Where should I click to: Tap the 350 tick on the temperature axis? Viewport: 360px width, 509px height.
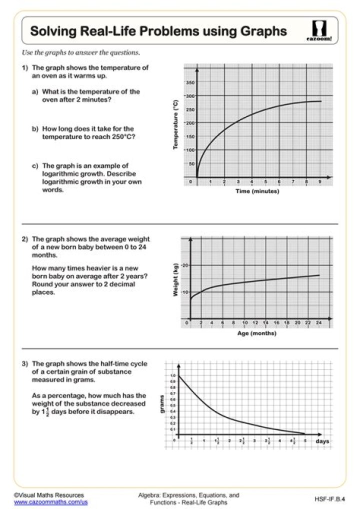190,82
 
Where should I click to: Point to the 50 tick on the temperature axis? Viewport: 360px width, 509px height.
191,163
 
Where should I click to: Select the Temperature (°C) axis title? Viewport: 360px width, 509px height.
175,123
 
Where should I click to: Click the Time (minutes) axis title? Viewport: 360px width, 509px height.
257,191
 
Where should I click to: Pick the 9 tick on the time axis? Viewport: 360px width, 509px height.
320,181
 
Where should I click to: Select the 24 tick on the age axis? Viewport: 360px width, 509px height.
318,323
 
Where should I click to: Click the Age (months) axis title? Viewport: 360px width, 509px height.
256,333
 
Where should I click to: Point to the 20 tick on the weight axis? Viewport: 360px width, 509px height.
184,265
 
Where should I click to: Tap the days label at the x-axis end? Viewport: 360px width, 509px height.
322,441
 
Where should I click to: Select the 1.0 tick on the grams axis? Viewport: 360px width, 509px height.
173,375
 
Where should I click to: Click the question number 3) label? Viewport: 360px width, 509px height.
25,364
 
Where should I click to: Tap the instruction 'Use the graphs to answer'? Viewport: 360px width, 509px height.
80,52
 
